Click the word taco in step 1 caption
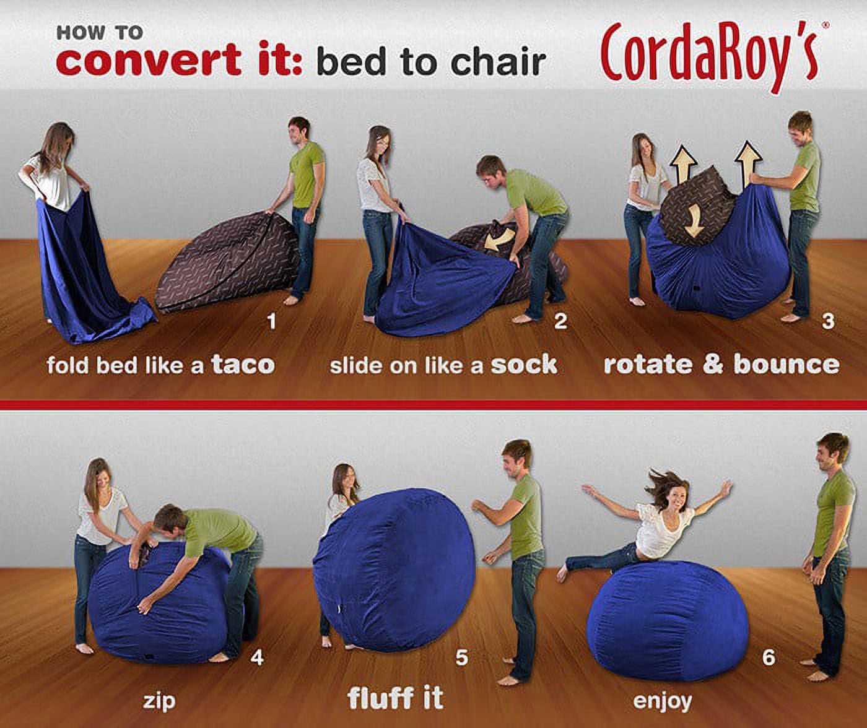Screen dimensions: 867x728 point(243,365)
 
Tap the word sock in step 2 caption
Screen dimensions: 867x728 point(524,365)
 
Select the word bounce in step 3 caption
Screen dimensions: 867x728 point(786,365)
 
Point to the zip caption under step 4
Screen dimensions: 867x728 point(159,701)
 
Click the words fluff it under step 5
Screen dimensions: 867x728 point(395,698)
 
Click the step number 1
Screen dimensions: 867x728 point(272,321)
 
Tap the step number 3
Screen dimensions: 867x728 point(828,321)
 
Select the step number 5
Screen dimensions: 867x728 point(462,657)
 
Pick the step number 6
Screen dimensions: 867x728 point(769,657)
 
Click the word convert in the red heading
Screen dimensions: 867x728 point(148,59)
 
